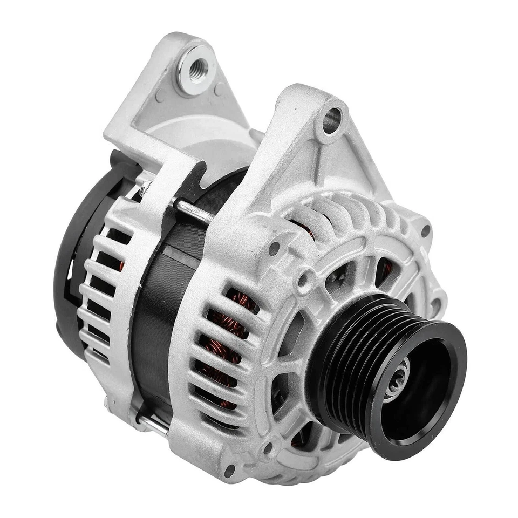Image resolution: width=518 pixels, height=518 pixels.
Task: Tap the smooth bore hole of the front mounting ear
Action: (x=331, y=119)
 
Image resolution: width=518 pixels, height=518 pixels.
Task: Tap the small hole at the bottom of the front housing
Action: (x=229, y=469)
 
